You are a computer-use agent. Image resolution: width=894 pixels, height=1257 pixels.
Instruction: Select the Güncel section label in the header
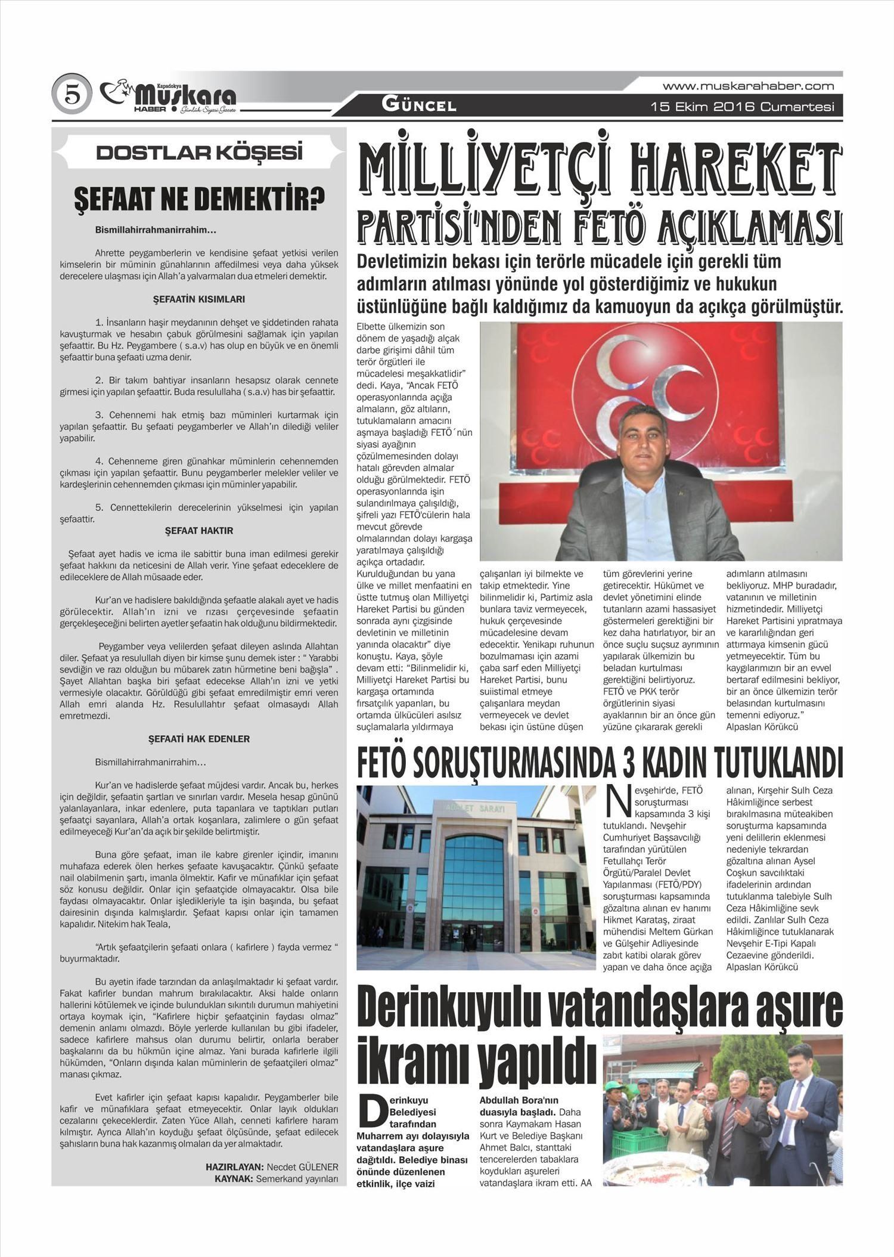tap(419, 106)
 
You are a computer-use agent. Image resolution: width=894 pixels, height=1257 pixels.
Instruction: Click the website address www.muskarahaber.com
tap(748, 86)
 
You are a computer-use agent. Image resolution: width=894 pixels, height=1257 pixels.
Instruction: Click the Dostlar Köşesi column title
tap(199, 153)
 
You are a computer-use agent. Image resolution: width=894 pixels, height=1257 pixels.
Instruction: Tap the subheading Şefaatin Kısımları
tap(199, 299)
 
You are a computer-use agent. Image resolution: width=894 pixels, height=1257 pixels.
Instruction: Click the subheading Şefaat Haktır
tap(199, 531)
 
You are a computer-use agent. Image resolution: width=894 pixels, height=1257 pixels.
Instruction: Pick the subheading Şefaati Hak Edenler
tap(199, 739)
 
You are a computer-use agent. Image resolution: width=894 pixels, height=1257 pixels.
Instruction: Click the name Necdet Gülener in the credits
tap(302, 1167)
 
